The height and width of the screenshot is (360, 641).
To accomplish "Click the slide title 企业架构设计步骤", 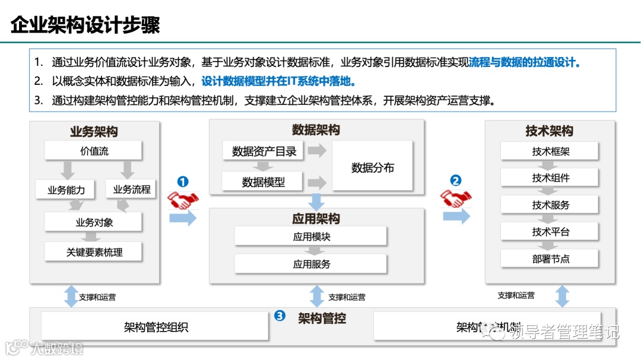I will tap(85, 25).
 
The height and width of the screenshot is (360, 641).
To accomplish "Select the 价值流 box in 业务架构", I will tap(94, 151).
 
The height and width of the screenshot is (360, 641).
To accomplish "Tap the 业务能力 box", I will tap(66, 190).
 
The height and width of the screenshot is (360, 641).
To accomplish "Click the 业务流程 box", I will tap(132, 190).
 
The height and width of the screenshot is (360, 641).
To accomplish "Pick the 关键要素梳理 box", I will tap(94, 252).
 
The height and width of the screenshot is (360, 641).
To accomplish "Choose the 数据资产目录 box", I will tap(264, 151).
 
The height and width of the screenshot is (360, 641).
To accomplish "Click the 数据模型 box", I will tap(263, 182).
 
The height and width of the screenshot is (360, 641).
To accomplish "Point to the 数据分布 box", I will tap(372, 167).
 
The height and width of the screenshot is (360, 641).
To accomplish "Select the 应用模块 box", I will tap(311, 236).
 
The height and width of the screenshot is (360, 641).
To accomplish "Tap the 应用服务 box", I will tap(311, 264).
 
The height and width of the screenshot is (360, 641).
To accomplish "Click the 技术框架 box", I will tap(550, 151).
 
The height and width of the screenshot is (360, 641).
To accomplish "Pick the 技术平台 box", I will tap(550, 231).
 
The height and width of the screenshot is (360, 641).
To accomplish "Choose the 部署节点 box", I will tap(550, 259).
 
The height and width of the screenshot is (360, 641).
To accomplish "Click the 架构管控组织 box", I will tap(156, 327).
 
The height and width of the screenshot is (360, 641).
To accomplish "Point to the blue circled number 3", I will tap(280, 316).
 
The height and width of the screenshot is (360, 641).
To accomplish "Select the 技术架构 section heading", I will tap(549, 131).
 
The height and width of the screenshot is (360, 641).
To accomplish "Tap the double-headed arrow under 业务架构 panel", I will tap(71, 296).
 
